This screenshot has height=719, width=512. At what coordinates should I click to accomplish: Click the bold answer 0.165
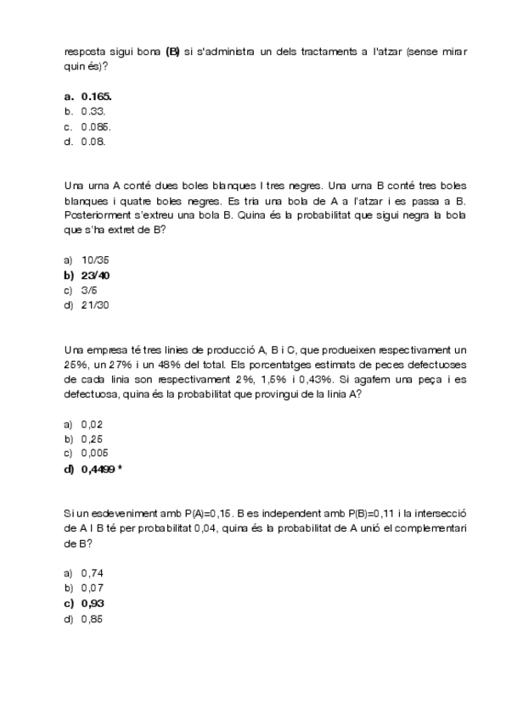96,97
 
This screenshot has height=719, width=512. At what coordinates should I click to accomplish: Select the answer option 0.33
93,112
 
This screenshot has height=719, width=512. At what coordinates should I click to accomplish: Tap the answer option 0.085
96,127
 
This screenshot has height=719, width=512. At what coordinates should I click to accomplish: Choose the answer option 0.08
93,142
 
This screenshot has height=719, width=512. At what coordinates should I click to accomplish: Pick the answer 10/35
96,260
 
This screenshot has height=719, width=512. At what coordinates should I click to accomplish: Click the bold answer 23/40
96,276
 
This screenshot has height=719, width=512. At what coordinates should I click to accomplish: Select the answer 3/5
89,290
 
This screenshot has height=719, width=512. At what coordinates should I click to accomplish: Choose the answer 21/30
96,305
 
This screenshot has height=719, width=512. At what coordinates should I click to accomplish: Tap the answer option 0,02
92,424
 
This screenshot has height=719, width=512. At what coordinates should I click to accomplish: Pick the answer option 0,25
92,439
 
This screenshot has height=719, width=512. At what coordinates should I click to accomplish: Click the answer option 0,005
94,454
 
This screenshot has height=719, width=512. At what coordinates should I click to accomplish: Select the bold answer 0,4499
98,469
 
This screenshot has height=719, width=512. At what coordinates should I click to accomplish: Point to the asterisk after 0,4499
121,468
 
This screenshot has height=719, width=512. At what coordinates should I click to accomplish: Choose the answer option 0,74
92,573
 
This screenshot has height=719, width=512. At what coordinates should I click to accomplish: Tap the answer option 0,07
92,588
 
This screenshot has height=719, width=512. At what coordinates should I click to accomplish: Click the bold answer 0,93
93,603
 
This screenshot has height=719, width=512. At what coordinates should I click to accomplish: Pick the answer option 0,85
92,618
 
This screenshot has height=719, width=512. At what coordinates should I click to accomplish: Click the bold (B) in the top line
173,52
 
